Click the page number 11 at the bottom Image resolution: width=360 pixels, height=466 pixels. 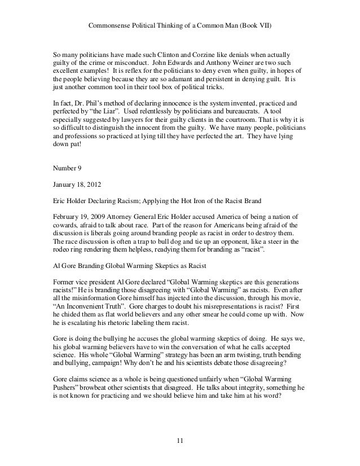(x=180, y=441)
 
